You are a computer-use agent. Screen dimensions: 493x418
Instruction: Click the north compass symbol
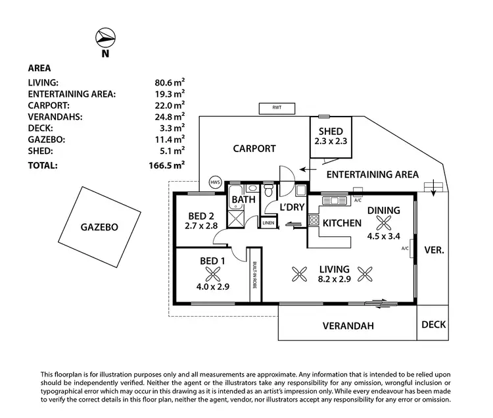(105, 38)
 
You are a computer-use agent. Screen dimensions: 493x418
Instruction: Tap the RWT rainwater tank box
(277, 108)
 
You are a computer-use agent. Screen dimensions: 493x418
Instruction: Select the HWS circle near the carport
(216, 182)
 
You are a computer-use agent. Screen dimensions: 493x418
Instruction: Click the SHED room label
(331, 131)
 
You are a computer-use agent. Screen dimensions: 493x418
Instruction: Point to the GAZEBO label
(99, 227)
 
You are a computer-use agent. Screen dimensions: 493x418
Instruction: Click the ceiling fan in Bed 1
(213, 274)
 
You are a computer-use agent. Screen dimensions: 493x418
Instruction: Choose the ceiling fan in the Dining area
(384, 223)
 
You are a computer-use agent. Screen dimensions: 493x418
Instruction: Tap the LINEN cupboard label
(268, 223)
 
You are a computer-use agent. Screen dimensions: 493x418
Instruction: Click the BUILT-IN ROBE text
(254, 274)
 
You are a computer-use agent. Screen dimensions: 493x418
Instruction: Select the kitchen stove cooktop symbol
(314, 219)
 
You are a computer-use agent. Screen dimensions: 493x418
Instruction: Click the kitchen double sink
(335, 201)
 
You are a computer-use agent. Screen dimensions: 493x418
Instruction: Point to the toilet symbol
(268, 190)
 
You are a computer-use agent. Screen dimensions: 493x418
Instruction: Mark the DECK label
(434, 325)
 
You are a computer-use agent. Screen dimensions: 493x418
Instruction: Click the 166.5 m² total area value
(167, 165)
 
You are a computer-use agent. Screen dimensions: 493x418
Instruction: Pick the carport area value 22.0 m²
(170, 105)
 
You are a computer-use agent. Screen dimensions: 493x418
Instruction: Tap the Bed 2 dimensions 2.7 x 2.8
(201, 226)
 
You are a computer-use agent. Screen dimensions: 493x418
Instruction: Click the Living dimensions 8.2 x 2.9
(334, 279)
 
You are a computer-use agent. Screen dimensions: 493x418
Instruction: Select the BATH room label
(244, 199)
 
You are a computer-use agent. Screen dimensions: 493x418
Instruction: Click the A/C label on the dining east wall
(405, 248)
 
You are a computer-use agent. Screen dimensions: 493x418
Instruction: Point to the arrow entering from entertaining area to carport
(308, 170)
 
